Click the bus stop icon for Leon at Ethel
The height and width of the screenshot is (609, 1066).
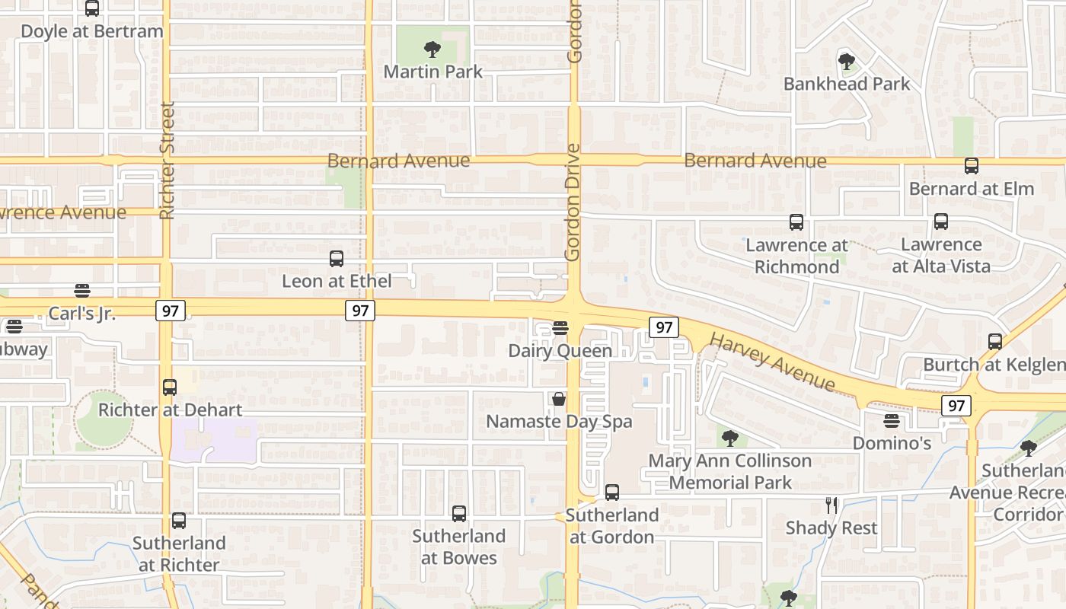tap(337, 259)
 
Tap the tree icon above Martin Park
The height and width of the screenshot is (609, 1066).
tap(432, 50)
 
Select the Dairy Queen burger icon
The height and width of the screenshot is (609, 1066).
tap(560, 328)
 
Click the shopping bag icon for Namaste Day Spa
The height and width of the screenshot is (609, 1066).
tap(559, 399)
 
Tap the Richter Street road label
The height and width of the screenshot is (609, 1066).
tap(168, 161)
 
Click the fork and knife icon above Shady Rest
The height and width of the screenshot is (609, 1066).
tap(831, 505)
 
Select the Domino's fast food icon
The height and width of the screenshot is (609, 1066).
tap(892, 421)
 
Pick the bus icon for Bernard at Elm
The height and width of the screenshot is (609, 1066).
tap(972, 166)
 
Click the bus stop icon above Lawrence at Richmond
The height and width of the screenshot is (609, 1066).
tap(796, 222)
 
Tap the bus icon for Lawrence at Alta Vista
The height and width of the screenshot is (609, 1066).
tap(941, 222)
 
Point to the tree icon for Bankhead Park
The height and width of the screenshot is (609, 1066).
tap(846, 62)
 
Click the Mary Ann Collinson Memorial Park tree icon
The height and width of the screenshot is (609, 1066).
tap(729, 438)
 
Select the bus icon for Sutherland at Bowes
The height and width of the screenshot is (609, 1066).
tap(459, 514)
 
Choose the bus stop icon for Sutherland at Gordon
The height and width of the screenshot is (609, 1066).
tap(612, 493)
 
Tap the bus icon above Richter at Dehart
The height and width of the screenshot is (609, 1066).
tap(170, 387)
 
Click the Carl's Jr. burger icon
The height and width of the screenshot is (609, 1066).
tap(82, 290)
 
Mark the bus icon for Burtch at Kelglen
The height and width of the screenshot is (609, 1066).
tap(995, 342)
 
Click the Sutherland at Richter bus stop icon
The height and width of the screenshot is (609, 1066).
tap(179, 521)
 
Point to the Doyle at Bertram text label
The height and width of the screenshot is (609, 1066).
tap(92, 32)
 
